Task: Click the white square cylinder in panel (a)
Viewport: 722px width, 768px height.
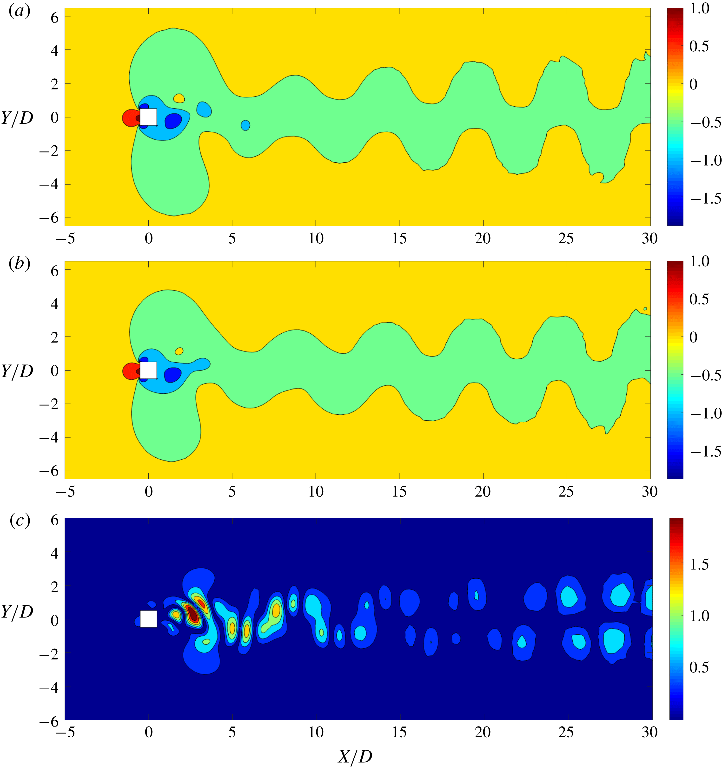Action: pyautogui.click(x=148, y=117)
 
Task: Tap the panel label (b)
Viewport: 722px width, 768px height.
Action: pyautogui.click(x=19, y=264)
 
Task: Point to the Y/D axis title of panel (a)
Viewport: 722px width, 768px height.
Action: pyautogui.click(x=17, y=118)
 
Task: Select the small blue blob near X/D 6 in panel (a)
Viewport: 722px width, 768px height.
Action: pyautogui.click(x=245, y=125)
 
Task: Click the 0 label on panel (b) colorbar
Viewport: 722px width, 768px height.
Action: pyautogui.click(x=693, y=337)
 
